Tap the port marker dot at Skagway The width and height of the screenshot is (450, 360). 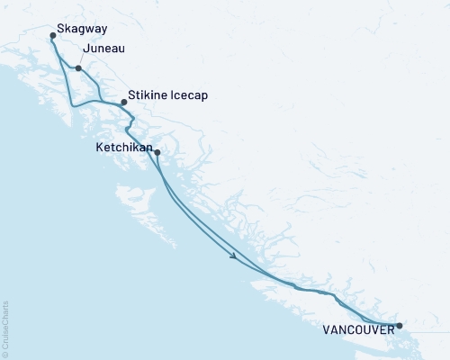pyautogui.click(x=53, y=37)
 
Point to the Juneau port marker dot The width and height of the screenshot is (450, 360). pyautogui.click(x=79, y=68)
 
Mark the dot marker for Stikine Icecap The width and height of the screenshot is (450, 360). pyautogui.click(x=124, y=103)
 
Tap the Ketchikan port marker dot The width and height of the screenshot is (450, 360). pyautogui.click(x=157, y=153)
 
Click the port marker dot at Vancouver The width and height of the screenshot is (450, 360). pyautogui.click(x=400, y=326)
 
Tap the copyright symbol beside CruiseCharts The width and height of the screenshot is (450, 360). pyautogui.click(x=5, y=354)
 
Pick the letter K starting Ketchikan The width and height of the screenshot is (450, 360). pyautogui.click(x=98, y=143)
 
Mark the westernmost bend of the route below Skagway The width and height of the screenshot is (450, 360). pyautogui.click(x=72, y=105)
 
